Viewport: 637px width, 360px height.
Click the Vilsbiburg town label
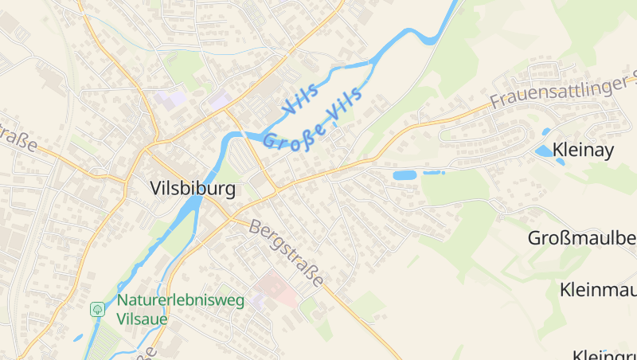point(193,189)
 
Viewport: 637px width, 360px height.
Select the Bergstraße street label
point(287,252)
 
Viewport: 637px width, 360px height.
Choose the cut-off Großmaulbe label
point(582,237)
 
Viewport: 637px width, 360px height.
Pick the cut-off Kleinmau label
point(597,288)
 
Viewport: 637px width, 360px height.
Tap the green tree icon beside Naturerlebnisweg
point(98,308)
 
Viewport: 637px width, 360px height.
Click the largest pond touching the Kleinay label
point(545,151)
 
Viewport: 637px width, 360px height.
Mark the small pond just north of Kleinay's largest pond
point(545,131)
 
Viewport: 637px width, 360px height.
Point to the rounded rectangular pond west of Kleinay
point(404,174)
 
